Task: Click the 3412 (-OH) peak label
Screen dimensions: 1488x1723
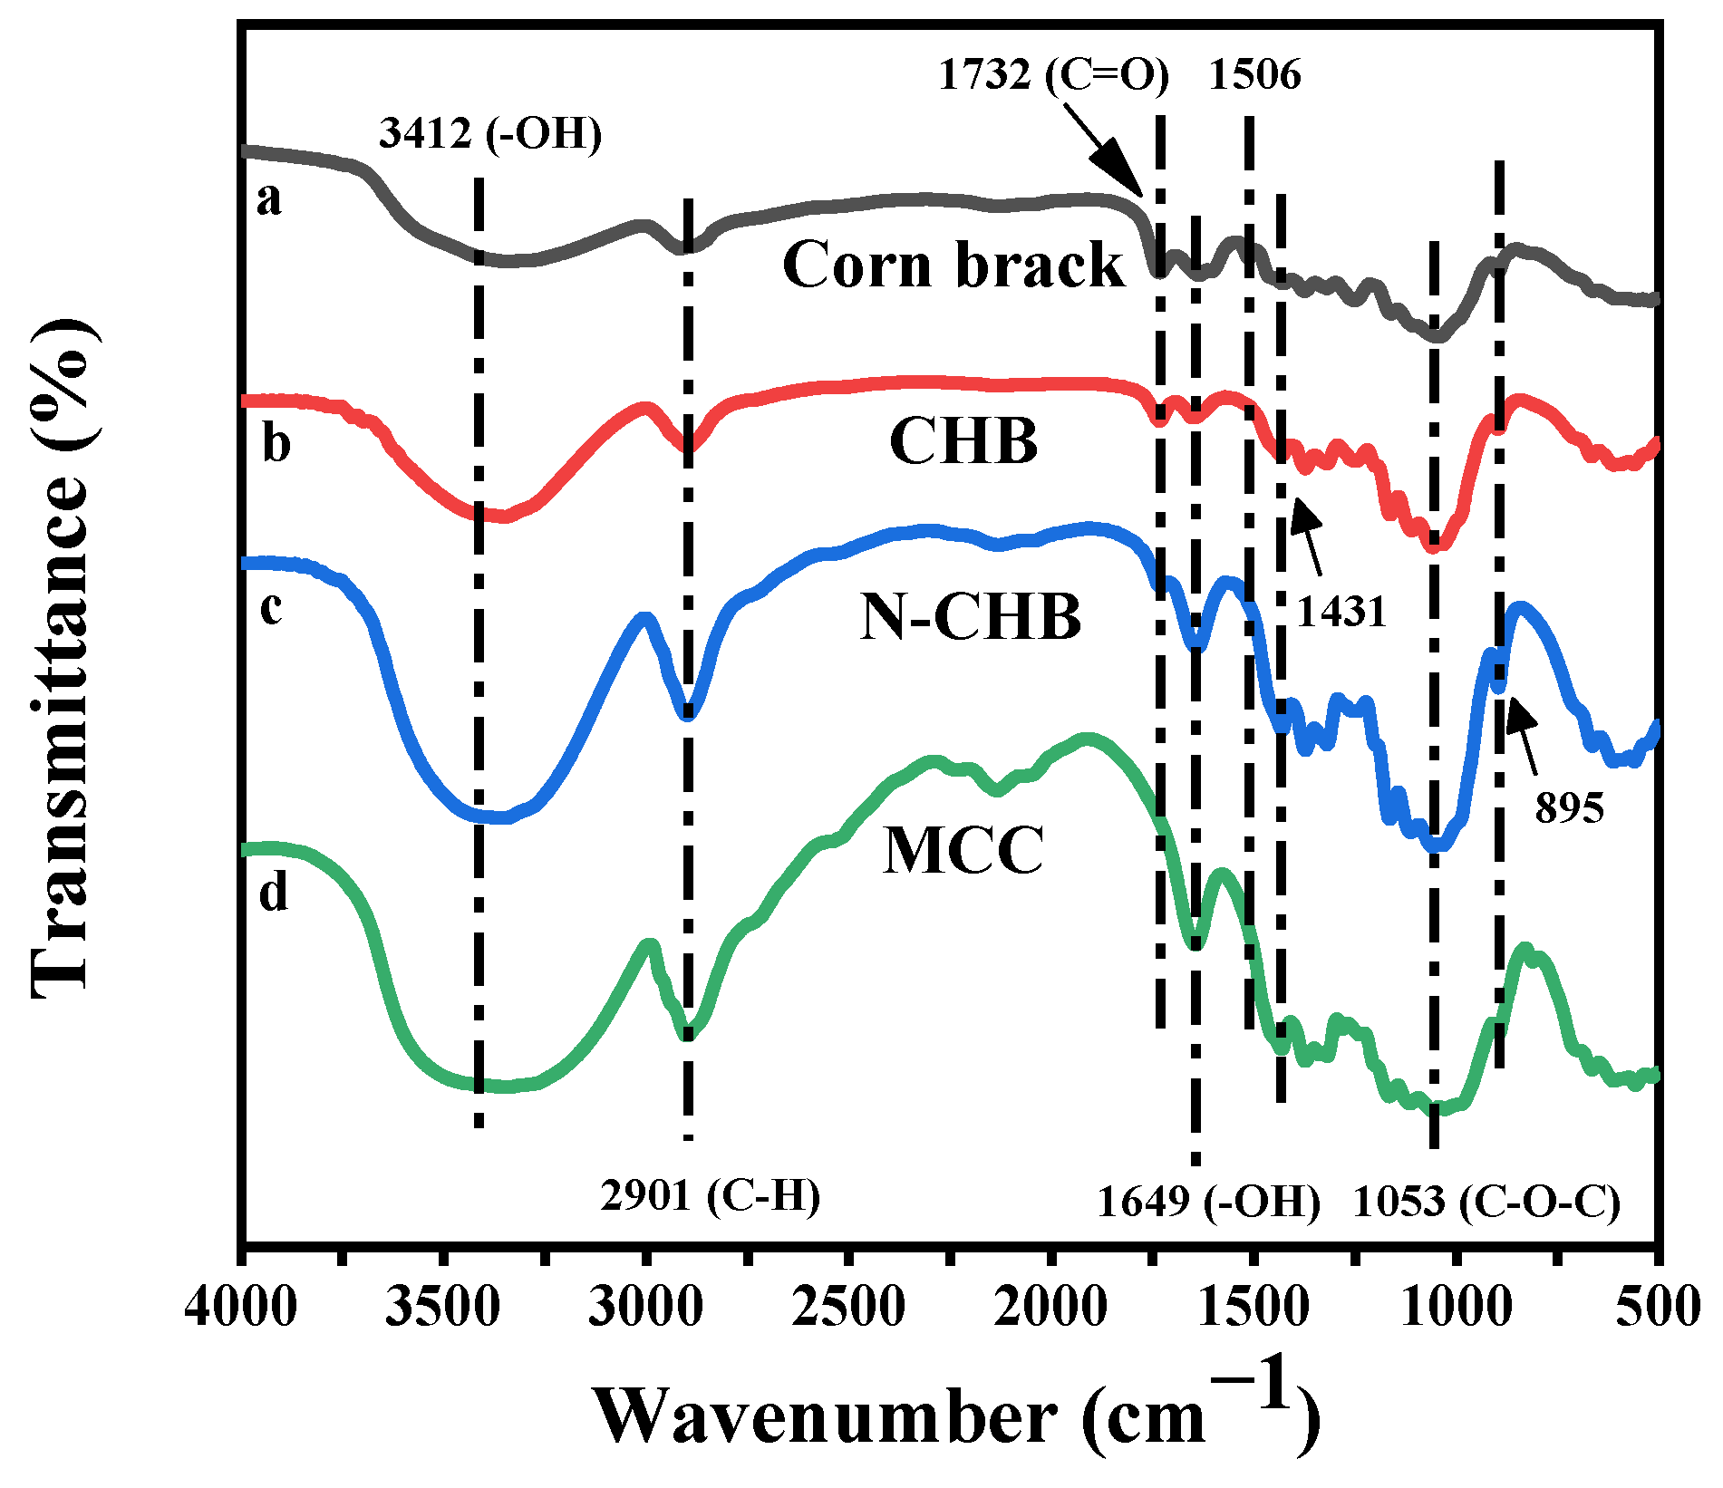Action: point(490,134)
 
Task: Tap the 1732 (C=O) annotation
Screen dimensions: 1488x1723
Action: point(1053,74)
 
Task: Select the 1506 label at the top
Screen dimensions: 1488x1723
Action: point(1254,74)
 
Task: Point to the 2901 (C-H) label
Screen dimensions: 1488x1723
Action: point(710,1196)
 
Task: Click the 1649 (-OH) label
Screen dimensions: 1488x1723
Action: point(1208,1202)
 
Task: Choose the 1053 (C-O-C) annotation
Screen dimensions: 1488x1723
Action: point(1486,1202)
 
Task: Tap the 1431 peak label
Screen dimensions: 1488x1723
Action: point(1341,613)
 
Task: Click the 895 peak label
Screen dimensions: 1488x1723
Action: point(1569,807)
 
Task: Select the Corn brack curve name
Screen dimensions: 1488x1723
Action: point(953,266)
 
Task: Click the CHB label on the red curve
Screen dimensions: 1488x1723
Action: point(963,441)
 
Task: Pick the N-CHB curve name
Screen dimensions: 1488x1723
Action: point(971,617)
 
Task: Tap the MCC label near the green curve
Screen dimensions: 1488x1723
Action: point(963,851)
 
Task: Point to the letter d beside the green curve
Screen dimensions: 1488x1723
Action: point(273,893)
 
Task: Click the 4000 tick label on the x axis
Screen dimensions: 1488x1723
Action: point(241,1309)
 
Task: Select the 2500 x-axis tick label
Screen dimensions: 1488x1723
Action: point(848,1309)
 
